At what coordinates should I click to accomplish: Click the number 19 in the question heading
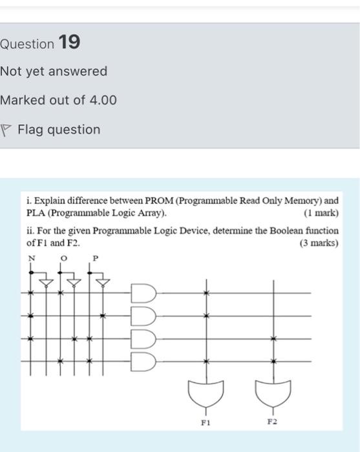pos(69,43)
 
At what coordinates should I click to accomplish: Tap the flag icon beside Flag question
pos(6,130)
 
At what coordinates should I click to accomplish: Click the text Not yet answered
pos(54,71)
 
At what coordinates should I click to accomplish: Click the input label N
pos(30,258)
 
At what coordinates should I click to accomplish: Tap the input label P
pos(95,258)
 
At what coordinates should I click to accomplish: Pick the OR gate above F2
pos(273,391)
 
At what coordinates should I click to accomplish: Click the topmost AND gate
pos(143,293)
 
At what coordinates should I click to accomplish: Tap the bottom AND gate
pos(143,360)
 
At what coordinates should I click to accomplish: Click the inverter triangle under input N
pos(46,282)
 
